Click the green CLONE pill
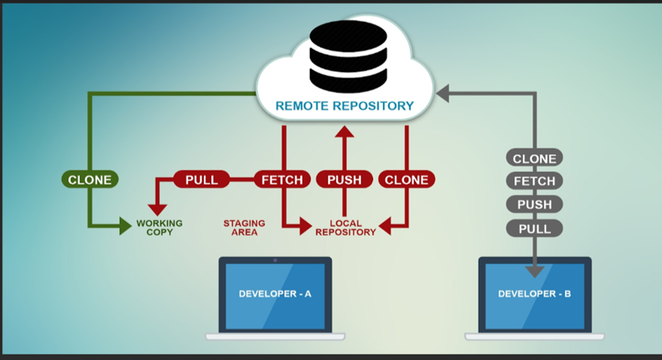[x=90, y=180]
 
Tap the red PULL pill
[x=202, y=180]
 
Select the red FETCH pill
[x=282, y=180]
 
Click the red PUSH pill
[x=344, y=180]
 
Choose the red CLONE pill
[x=407, y=180]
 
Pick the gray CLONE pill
[x=534, y=158]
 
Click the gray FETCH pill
[x=534, y=181]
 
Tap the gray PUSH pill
[x=534, y=204]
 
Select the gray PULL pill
[x=534, y=228]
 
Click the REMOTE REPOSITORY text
[x=344, y=106]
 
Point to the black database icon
[x=348, y=56]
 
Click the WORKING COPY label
[x=160, y=227]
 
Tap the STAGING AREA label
[x=244, y=227]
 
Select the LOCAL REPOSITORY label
[x=346, y=227]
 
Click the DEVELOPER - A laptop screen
[x=275, y=296]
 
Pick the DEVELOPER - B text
[x=534, y=294]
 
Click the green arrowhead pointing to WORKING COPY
[x=125, y=226]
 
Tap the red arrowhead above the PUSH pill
[x=344, y=132]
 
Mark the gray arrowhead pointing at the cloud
[x=442, y=93]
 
